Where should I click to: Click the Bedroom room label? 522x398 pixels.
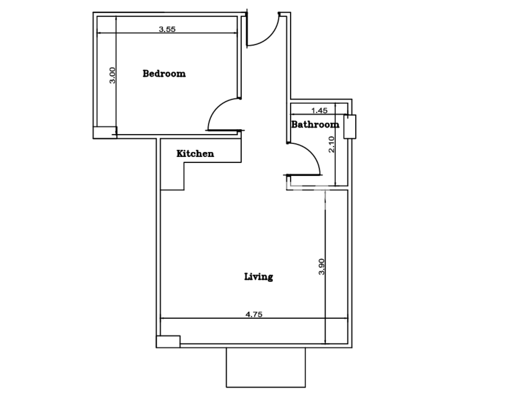tap(164, 73)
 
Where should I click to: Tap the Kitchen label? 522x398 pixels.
tap(195, 154)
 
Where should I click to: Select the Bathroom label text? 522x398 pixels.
tap(315, 124)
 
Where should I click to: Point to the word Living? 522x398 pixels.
tap(259, 277)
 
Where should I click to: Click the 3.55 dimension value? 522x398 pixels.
tap(167, 29)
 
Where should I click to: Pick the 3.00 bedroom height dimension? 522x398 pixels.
tap(112, 75)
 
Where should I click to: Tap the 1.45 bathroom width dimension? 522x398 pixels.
tap(319, 111)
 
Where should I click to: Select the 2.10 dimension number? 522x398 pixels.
tap(331, 144)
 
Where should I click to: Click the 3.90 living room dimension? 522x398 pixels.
tap(321, 267)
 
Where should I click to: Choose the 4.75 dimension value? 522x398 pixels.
tap(254, 314)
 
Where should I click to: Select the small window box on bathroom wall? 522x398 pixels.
tap(350, 126)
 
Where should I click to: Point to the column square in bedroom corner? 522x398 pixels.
tap(105, 133)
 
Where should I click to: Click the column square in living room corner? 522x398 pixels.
tap(168, 342)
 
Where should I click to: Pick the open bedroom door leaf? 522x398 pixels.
tap(225, 130)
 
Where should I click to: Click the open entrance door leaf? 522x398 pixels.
tap(247, 29)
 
